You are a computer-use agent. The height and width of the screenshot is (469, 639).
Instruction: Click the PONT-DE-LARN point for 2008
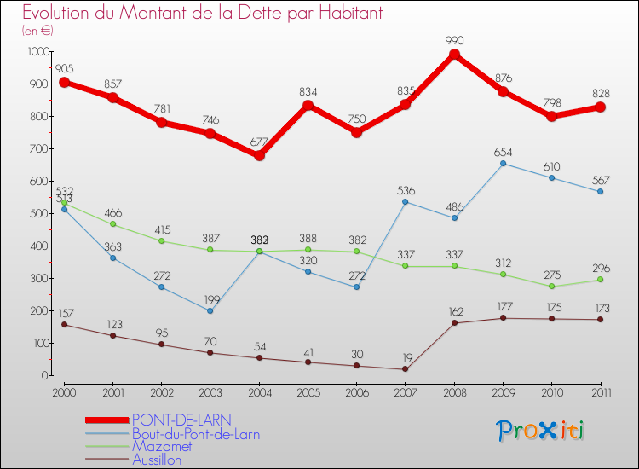pyautogui.click(x=454, y=55)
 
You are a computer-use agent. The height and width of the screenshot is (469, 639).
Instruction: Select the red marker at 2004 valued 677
pyautogui.click(x=259, y=155)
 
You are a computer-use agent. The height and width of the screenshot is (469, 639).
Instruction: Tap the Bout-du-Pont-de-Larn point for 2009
pyautogui.click(x=503, y=164)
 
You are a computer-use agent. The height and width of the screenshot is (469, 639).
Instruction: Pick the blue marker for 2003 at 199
pyautogui.click(x=210, y=310)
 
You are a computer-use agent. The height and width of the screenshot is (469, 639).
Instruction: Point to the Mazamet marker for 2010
pyautogui.click(x=551, y=287)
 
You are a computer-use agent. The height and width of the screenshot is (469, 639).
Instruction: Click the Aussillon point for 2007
pyautogui.click(x=406, y=369)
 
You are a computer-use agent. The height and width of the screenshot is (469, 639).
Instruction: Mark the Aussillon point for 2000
pyautogui.click(x=64, y=325)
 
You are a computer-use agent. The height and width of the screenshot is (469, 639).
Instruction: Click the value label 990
pyautogui.click(x=454, y=39)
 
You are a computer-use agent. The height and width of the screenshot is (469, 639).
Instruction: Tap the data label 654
pyautogui.click(x=503, y=152)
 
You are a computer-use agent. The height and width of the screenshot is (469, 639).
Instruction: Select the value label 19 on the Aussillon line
pyautogui.click(x=406, y=358)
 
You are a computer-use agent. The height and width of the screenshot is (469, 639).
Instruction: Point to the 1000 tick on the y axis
pyautogui.click(x=38, y=51)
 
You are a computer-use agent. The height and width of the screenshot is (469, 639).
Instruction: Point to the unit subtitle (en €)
pyautogui.click(x=37, y=31)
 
